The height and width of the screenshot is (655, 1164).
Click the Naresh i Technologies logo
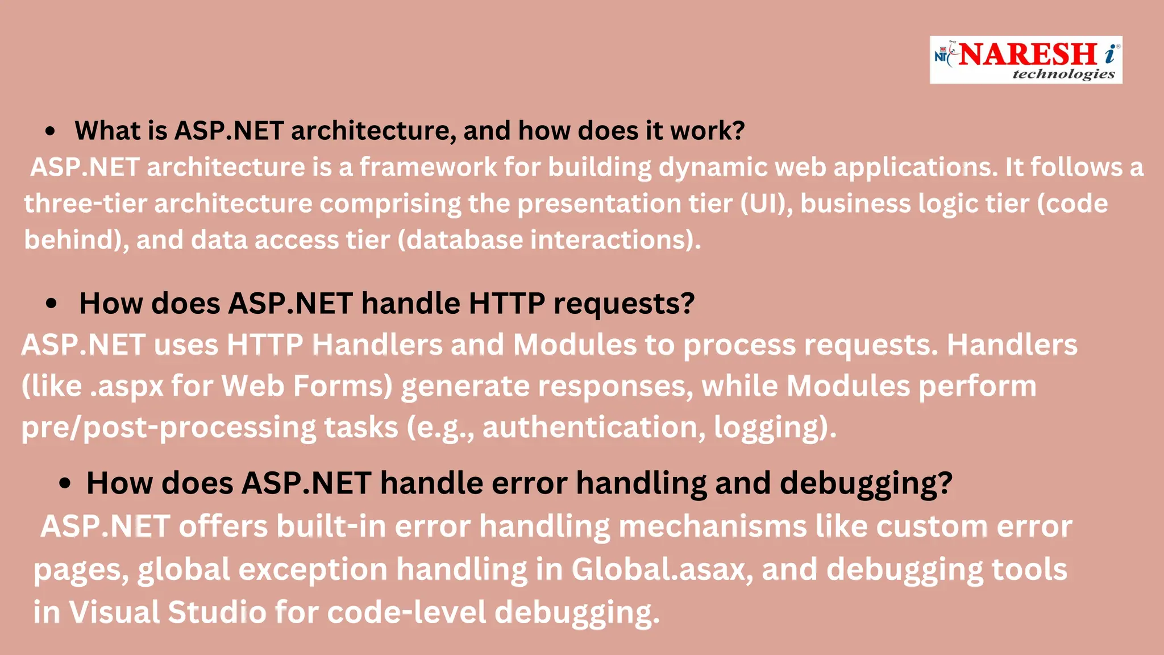click(x=1025, y=60)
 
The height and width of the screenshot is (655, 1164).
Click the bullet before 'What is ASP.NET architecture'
click(x=51, y=131)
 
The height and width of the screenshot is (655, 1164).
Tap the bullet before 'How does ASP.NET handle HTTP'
click(x=52, y=304)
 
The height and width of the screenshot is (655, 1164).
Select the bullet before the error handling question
click(x=65, y=484)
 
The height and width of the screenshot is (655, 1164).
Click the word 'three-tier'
click(x=85, y=204)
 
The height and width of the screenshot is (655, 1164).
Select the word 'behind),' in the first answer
click(x=76, y=240)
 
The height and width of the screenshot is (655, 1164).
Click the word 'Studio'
click(x=217, y=612)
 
